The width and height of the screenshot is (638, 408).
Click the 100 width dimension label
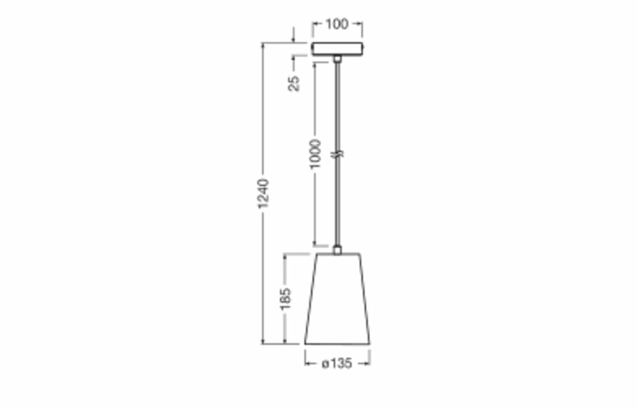(x=337, y=24)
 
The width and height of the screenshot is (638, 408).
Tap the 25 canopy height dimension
(x=293, y=83)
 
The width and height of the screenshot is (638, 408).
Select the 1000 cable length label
(x=315, y=154)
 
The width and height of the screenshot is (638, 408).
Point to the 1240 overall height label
(x=263, y=193)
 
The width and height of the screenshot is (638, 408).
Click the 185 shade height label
(x=286, y=299)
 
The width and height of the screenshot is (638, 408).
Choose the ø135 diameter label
(x=337, y=363)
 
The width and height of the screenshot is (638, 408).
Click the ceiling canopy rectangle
(x=338, y=48)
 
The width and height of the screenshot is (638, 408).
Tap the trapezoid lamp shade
(x=338, y=299)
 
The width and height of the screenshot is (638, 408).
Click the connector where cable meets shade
(x=338, y=249)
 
